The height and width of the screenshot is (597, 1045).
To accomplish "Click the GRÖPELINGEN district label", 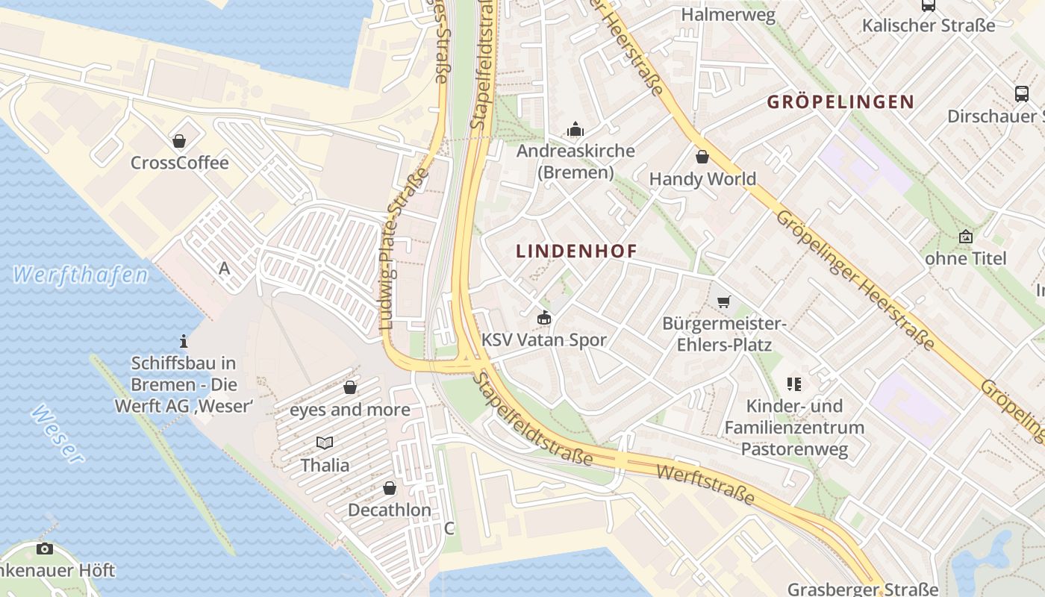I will [x=840, y=102].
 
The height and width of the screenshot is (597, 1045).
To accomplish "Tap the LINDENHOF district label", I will [x=577, y=251].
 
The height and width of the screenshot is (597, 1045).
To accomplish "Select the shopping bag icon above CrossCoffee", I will [x=179, y=140].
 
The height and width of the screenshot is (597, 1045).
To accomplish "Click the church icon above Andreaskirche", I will [x=575, y=129].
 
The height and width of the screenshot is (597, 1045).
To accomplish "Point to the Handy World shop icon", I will [x=702, y=157].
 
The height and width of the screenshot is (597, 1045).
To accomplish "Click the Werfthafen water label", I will [x=81, y=275].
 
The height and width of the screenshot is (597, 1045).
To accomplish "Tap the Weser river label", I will [x=57, y=434].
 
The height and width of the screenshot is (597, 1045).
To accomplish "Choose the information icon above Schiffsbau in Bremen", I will [x=184, y=342].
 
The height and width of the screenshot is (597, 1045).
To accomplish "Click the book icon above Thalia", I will [x=325, y=443].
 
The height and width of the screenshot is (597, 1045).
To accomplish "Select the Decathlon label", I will [x=390, y=510].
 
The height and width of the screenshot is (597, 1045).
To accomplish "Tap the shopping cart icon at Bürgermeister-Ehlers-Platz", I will [x=723, y=301].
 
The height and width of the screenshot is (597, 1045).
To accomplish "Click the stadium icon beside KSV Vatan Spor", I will [x=544, y=319].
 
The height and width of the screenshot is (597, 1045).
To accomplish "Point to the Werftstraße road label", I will [x=705, y=484].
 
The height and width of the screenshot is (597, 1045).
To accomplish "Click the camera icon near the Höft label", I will [x=45, y=549].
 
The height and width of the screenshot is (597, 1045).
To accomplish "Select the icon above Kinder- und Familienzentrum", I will [x=794, y=384].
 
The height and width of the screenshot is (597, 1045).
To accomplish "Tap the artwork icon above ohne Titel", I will [x=966, y=237].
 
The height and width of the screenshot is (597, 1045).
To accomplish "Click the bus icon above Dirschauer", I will [x=1022, y=94].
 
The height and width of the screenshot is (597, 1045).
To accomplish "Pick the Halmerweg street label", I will [x=729, y=14].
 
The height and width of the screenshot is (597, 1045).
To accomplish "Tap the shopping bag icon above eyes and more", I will [x=350, y=387].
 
